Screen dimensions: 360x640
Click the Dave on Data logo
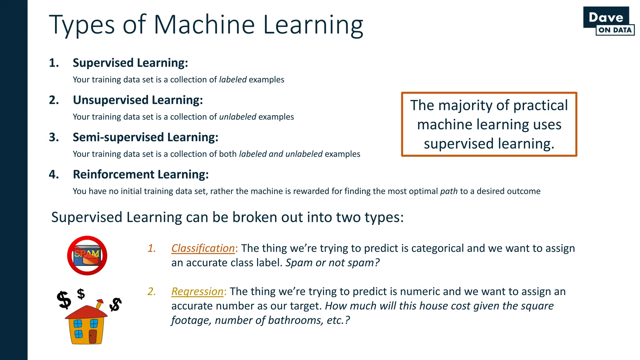pos(608,21)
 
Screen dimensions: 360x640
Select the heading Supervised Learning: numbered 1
pos(130,63)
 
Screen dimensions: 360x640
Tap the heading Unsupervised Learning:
pos(138,100)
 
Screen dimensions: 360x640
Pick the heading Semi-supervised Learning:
pos(145,137)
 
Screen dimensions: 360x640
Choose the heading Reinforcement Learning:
pos(141,174)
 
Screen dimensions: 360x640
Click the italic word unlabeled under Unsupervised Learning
pos(237,117)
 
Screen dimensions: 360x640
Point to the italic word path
pos(449,191)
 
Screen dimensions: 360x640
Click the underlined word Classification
pos(203,248)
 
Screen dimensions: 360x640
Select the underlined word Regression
pos(197,291)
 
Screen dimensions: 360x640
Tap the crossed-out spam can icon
pos(87,256)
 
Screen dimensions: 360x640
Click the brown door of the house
pos(93,336)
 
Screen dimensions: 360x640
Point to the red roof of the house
pos(86,312)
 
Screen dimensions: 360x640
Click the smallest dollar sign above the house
pos(81,294)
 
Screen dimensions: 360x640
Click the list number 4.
pos(54,174)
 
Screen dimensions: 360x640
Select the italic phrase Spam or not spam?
pos(332,263)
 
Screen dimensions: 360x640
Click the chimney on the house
pos(100,303)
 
